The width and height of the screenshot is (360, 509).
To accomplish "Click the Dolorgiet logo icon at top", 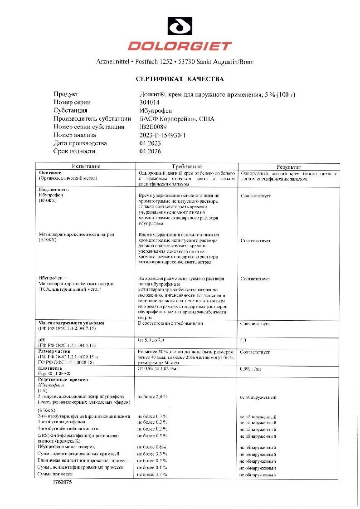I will [x=180, y=26].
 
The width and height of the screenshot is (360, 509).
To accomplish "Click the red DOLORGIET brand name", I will [x=180, y=46].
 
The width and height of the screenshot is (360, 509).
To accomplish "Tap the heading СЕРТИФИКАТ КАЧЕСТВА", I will [x=180, y=79].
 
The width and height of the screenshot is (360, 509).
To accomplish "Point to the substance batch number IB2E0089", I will [x=154, y=127].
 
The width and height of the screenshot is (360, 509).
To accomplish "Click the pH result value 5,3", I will [x=244, y=340].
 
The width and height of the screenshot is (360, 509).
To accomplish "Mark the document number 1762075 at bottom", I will [x=62, y=482].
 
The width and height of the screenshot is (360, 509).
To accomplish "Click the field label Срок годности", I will [x=74, y=152].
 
